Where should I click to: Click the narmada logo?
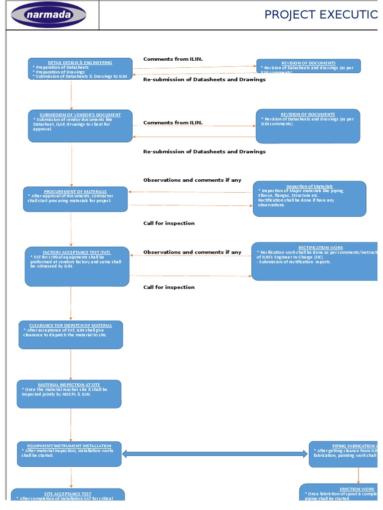(49, 15)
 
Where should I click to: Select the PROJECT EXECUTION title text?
(321, 15)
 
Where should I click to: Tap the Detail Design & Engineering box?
(80, 69)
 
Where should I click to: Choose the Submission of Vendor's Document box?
(80, 126)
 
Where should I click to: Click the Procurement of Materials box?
(75, 199)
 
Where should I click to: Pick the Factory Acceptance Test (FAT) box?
(77, 266)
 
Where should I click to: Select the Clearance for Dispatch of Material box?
(70, 335)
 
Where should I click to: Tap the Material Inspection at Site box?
(69, 394)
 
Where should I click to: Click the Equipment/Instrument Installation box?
(69, 454)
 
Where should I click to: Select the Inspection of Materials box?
(309, 199)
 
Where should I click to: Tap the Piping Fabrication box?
(344, 454)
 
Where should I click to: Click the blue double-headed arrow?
(215, 454)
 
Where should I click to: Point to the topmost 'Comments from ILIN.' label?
(173, 59)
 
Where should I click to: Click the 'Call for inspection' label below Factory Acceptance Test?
(169, 287)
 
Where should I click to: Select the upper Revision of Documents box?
(308, 66)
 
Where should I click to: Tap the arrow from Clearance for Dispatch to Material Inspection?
(71, 365)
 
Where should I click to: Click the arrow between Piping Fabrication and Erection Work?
(358, 476)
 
